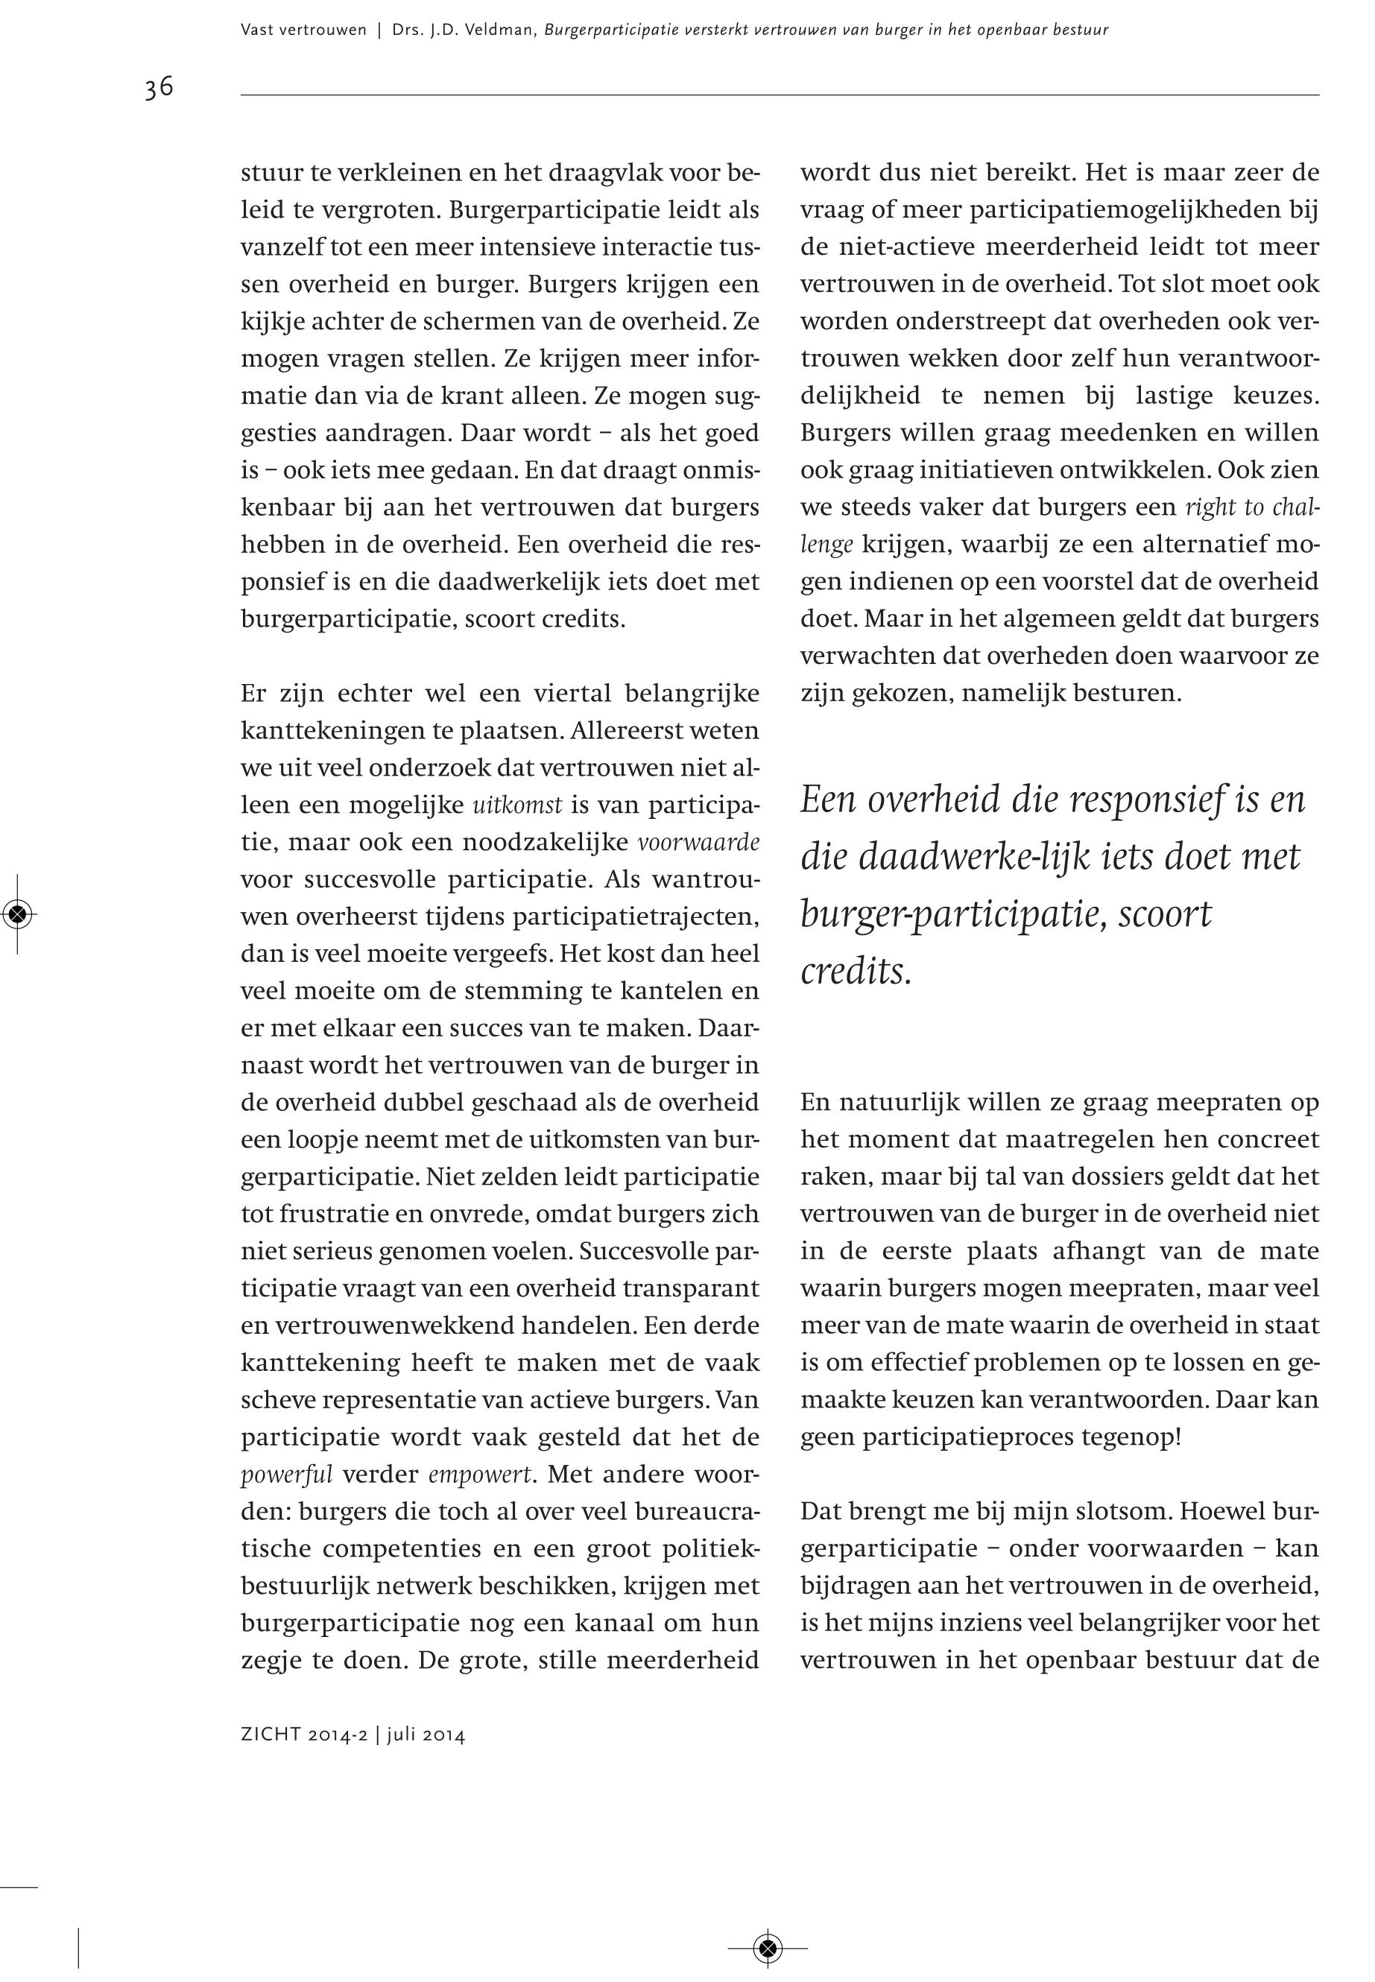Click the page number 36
pyautogui.click(x=159, y=88)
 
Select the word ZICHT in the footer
pyautogui.click(x=265, y=1735)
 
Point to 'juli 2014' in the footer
pyautogui.click(x=426, y=1735)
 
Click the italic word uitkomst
pyautogui.click(x=517, y=805)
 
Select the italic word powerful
pyautogui.click(x=286, y=1475)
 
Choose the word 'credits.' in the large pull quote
pyautogui.click(x=856, y=971)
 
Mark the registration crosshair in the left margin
pyautogui.click(x=18, y=914)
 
